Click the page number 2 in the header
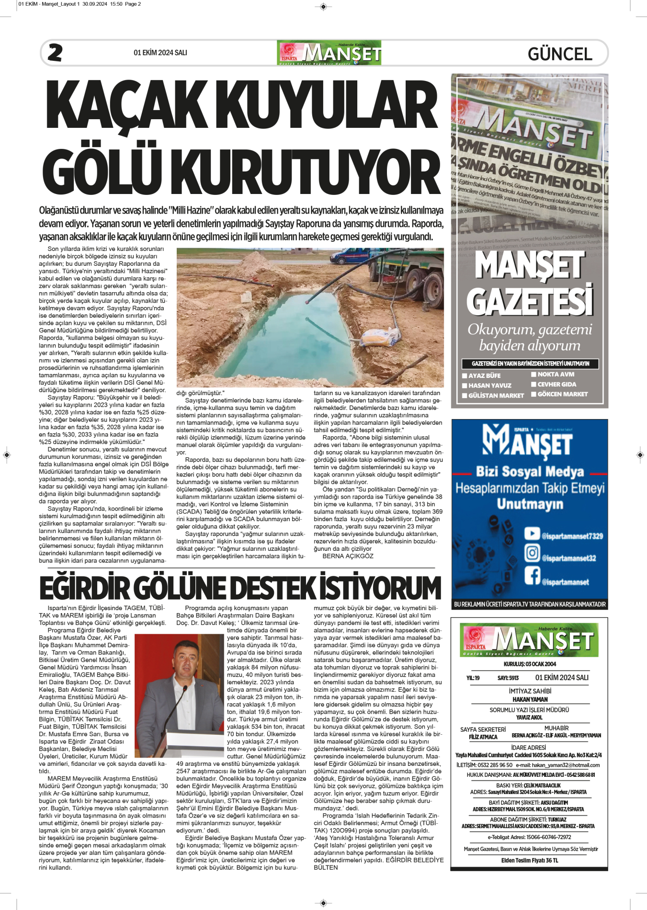click(55, 53)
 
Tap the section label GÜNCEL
click(560, 54)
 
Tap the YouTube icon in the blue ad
click(532, 534)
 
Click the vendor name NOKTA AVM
click(556, 374)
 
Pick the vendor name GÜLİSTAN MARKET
click(496, 396)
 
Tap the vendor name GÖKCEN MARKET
click(562, 394)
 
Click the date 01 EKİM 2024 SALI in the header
click(160, 53)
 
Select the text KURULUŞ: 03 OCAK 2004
click(530, 664)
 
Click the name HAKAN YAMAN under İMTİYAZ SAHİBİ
click(530, 699)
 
